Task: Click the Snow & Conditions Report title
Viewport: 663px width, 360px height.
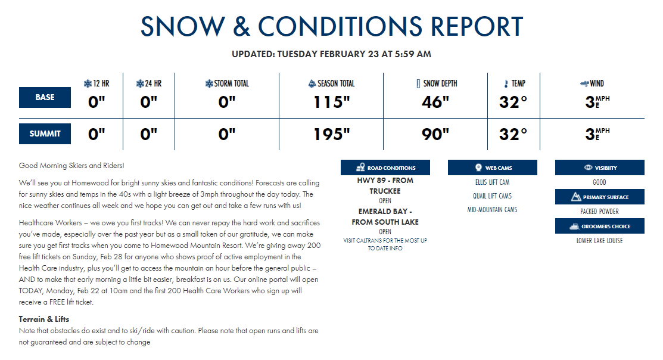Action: tap(331, 26)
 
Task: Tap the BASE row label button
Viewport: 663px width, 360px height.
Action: tap(45, 97)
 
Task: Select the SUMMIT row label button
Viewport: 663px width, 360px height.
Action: tap(45, 134)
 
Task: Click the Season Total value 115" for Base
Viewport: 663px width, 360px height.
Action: tap(331, 102)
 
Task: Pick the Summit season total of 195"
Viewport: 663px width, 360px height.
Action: tap(331, 134)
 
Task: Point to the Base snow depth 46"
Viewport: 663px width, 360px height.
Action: tap(435, 102)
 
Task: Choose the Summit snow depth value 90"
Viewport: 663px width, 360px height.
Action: tap(435, 134)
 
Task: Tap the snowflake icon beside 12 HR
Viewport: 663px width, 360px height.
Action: tap(88, 84)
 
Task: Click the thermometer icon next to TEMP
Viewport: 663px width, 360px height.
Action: tap(506, 84)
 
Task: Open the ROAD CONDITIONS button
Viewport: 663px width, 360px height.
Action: tap(385, 167)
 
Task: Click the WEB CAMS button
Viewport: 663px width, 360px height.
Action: tap(492, 167)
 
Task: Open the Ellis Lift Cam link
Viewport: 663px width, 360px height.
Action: tap(492, 182)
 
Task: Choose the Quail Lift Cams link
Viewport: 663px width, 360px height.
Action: tap(492, 196)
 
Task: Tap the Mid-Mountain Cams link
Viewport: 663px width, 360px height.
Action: tap(492, 209)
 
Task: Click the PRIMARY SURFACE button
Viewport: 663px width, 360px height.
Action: tap(600, 197)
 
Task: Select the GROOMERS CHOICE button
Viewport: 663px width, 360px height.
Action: tap(600, 226)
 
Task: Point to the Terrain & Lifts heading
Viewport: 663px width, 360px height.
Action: tap(44, 319)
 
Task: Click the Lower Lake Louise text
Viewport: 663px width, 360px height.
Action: tap(600, 241)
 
